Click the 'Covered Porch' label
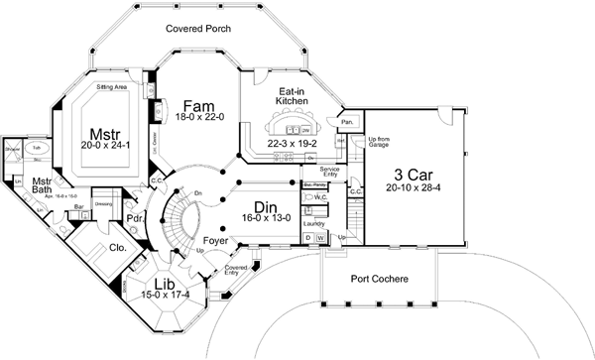(198, 29)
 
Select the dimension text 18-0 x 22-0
(198, 118)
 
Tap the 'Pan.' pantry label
(347, 122)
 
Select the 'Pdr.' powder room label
(136, 217)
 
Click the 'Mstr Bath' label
(42, 187)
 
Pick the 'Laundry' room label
(316, 224)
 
